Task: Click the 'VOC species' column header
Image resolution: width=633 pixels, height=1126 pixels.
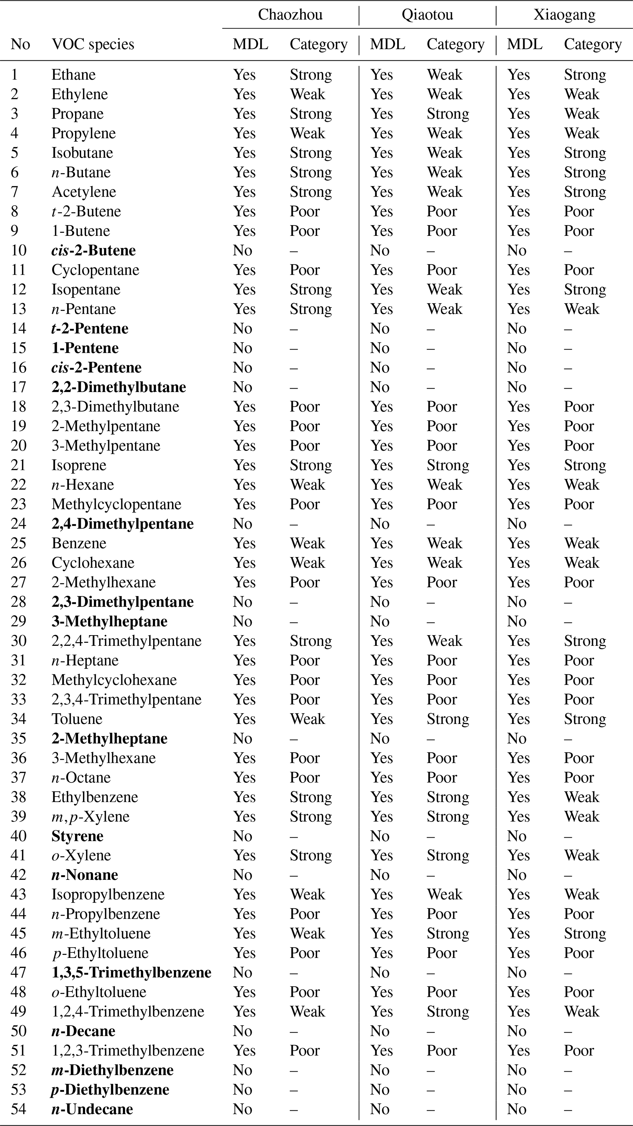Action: point(93,44)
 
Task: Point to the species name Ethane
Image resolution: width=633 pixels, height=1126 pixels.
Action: point(73,75)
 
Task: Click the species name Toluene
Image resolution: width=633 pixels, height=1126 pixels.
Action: point(77,719)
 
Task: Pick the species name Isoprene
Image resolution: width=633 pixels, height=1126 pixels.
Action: point(79,465)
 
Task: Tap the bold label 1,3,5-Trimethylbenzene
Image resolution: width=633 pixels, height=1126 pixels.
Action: point(131,973)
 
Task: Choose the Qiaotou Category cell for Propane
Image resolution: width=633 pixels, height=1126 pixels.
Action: point(448,114)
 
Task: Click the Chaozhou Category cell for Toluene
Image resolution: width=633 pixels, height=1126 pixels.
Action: point(307,719)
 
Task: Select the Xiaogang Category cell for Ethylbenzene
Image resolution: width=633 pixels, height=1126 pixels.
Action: point(582,797)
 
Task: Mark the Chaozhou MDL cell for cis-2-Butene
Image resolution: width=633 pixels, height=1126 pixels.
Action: point(243,250)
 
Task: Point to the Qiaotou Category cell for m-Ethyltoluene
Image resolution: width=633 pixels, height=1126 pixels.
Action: point(448,933)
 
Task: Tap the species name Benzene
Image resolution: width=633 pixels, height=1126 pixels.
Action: point(79,543)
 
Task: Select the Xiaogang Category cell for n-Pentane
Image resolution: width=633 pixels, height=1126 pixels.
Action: point(582,309)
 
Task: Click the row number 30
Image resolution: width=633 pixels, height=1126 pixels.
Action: point(19,641)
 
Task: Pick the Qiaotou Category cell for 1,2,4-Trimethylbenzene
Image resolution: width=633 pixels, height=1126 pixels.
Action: point(448,1011)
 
